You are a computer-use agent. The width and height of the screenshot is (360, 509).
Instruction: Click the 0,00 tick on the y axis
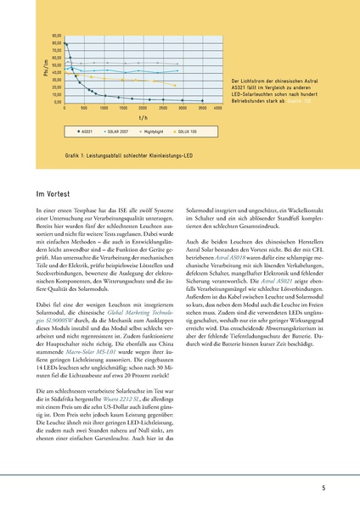coord(57,102)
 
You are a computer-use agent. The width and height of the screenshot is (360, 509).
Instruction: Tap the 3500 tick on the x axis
coord(201,109)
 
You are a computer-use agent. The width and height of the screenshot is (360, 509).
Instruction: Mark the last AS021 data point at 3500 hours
coord(201,101)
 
